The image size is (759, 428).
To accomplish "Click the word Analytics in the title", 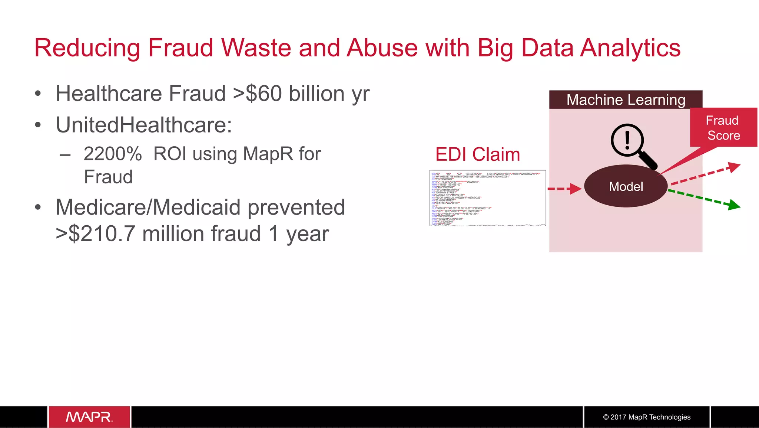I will click(630, 48).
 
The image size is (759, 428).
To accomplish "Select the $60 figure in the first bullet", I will click(264, 94).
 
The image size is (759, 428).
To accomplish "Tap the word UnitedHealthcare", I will click(143, 125).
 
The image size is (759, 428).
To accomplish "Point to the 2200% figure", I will click(113, 154).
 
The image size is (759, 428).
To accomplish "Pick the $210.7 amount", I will click(102, 234).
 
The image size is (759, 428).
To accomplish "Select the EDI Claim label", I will click(477, 154).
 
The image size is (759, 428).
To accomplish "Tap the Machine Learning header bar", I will click(626, 99).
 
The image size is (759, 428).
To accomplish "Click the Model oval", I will click(626, 186).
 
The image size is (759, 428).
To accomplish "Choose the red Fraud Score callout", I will click(723, 128).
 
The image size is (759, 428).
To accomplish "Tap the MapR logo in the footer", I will click(89, 417).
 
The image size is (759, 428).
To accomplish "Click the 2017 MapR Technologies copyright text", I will click(647, 417).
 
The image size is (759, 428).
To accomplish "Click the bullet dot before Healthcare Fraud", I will click(38, 94).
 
